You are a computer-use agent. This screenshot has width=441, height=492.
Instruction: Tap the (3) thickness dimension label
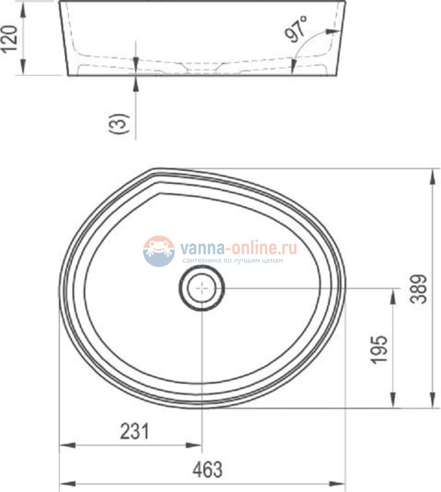(120, 123)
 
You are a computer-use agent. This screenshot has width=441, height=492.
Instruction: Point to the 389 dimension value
(424, 288)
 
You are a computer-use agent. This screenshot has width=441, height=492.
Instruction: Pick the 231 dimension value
(135, 431)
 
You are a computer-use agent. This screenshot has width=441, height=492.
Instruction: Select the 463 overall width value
(207, 469)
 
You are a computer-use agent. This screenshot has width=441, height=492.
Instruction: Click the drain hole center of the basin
(203, 288)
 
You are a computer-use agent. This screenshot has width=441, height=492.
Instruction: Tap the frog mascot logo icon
(159, 251)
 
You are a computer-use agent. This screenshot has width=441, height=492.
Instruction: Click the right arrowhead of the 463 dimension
(342, 482)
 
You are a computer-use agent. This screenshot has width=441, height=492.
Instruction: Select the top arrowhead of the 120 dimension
(25, 5)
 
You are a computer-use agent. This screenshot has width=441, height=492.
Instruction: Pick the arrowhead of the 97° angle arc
(332, 31)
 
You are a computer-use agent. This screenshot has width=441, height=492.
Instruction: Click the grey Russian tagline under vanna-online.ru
(228, 260)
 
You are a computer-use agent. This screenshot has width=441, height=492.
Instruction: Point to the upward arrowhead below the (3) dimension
(135, 79)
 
